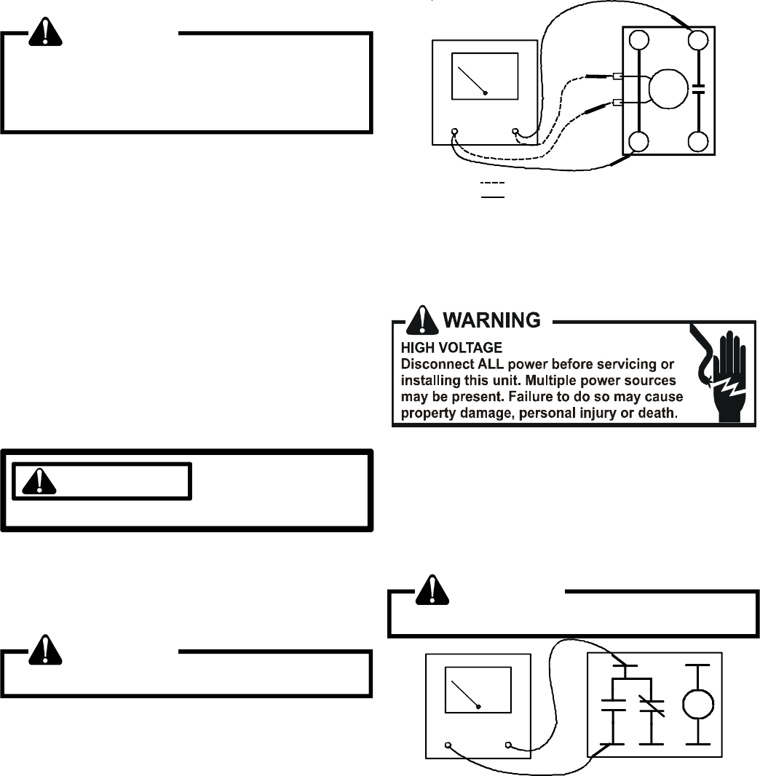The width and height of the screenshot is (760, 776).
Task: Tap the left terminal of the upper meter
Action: point(455,132)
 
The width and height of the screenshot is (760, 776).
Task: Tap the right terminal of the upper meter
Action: point(516,132)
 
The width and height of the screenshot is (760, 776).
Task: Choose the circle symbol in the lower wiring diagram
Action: point(698,703)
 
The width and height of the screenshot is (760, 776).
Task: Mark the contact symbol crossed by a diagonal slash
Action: point(645,703)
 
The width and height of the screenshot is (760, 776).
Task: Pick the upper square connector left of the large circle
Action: point(617,76)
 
